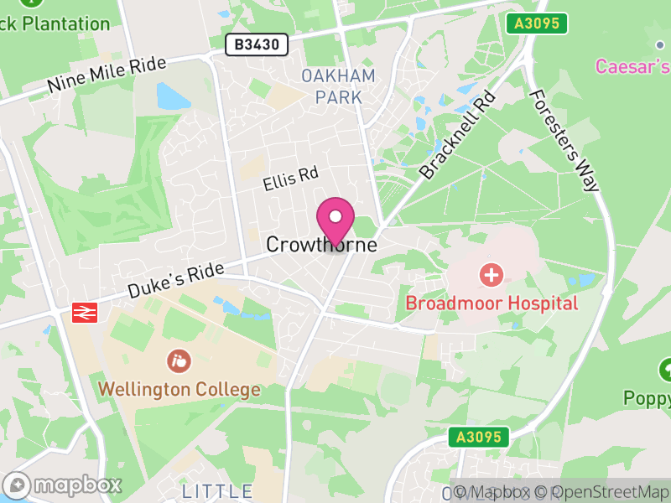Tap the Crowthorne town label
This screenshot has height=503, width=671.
(x=321, y=245)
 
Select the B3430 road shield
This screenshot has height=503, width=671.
(x=257, y=44)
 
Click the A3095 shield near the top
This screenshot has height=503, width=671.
(x=537, y=23)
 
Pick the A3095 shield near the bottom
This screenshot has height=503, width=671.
(x=478, y=437)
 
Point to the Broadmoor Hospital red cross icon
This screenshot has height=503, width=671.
(x=491, y=274)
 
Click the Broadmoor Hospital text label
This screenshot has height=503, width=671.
(x=492, y=303)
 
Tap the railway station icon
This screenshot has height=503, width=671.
(x=85, y=312)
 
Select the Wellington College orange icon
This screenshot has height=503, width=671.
(x=179, y=361)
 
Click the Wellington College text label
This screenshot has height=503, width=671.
(x=179, y=390)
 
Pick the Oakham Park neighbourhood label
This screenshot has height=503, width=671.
(x=339, y=86)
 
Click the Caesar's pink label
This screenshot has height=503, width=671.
(x=632, y=65)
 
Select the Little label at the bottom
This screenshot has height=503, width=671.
(x=217, y=490)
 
